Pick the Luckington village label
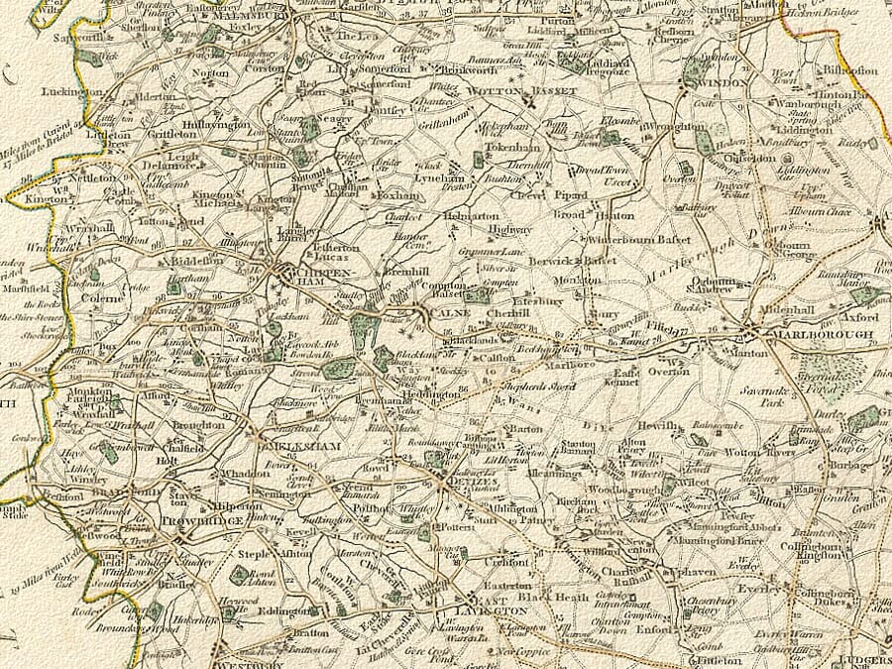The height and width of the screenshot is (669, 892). (72, 91)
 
